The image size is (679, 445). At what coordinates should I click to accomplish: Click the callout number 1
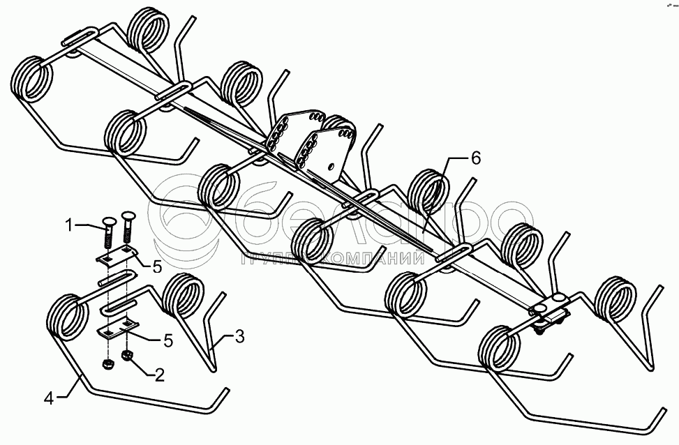(69, 225)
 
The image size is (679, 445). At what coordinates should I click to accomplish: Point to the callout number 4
(48, 399)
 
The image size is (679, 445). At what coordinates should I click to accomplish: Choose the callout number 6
(475, 158)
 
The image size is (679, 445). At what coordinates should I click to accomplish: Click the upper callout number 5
(157, 266)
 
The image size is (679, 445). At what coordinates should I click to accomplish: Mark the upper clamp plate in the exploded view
(115, 257)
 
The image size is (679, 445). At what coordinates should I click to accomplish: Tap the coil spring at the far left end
(33, 79)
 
